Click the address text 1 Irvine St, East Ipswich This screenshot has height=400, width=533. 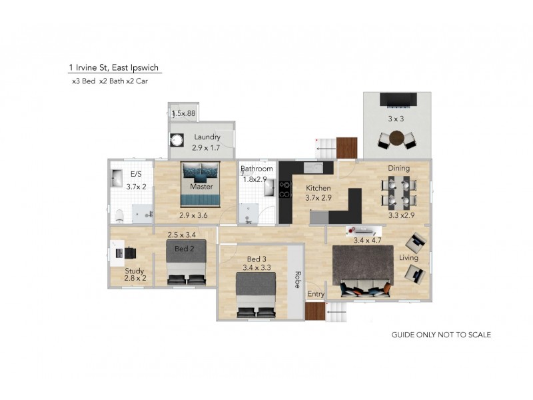[114, 67]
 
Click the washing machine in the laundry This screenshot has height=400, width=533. [177, 141]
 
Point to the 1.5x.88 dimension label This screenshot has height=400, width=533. [183, 114]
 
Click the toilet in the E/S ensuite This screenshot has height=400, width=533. [119, 215]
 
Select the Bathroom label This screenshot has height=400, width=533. [257, 169]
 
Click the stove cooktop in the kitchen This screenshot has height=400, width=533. [284, 189]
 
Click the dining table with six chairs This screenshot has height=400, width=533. [400, 192]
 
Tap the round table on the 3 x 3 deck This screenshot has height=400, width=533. [398, 138]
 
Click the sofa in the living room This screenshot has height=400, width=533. [365, 289]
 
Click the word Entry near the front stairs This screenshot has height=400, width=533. [315, 294]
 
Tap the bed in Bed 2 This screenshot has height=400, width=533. [187, 264]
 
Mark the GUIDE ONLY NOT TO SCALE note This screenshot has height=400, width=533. [440, 335]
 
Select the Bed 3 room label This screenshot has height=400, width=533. [257, 259]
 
